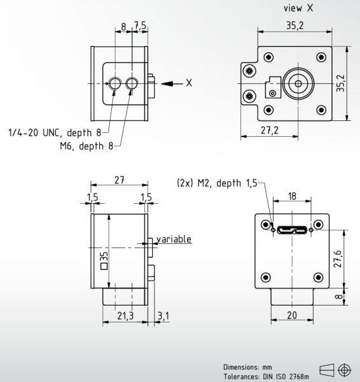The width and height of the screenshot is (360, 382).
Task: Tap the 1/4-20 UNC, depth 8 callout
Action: coord(53,133)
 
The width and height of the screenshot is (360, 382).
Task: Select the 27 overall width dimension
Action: coord(119,180)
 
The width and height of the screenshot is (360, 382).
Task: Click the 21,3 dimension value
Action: coord(125,316)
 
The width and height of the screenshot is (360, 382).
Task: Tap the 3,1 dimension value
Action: coord(163,316)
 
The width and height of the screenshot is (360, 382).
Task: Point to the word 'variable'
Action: coord(174,239)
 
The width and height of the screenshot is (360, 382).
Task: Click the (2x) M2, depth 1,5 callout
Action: coord(216,184)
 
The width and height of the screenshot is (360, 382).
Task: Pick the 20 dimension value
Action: coord(292,316)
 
